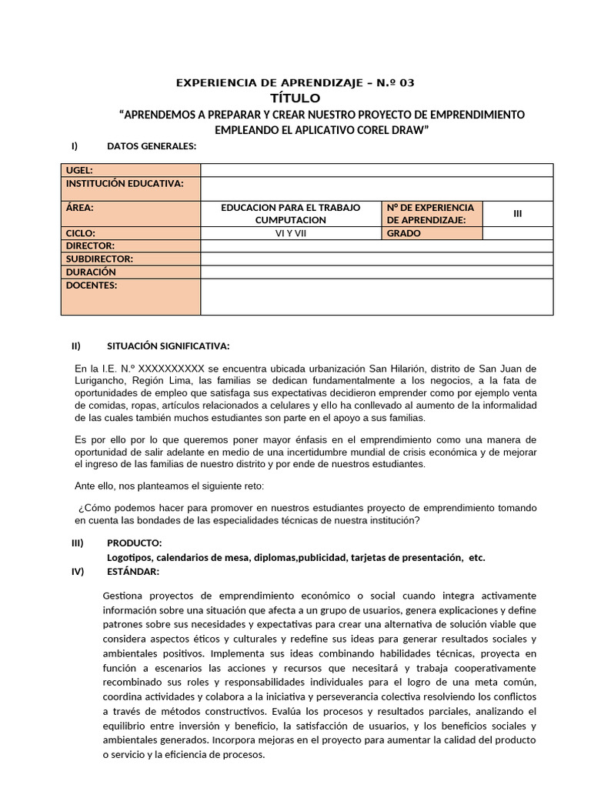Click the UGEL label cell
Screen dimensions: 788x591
point(130,170)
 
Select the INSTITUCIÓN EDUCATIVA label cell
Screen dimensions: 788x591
point(130,189)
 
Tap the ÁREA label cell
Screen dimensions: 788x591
point(130,214)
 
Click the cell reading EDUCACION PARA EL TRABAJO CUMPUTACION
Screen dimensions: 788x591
point(291,214)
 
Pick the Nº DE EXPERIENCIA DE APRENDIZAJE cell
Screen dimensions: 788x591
point(431,214)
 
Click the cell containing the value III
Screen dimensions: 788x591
point(517,214)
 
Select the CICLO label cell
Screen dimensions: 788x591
point(130,233)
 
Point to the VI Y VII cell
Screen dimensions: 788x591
point(291,233)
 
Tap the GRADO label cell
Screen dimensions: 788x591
point(431,233)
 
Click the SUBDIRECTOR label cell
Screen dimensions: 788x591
point(130,259)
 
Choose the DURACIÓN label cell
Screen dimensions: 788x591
point(130,272)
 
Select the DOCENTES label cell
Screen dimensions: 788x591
point(130,296)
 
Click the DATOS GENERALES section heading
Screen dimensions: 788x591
point(152,146)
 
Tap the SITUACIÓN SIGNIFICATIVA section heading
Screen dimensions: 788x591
point(168,345)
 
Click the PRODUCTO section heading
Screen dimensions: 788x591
point(134,543)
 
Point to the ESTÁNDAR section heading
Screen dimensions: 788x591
point(133,571)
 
